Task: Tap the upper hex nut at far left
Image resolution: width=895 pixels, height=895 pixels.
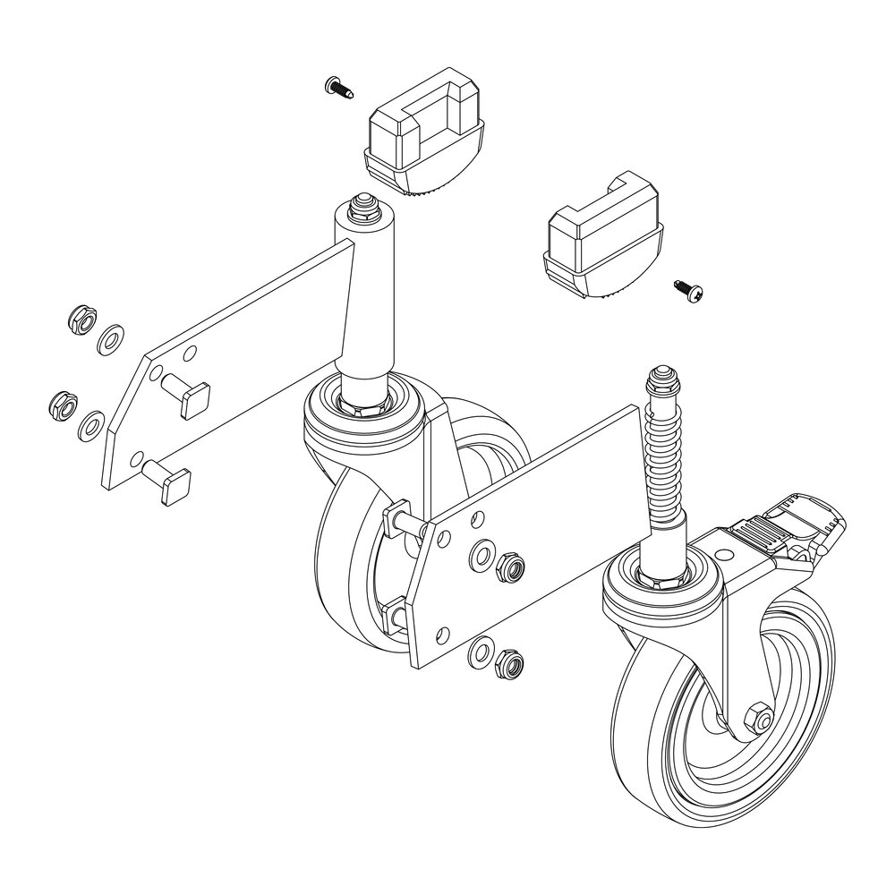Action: coord(80,319)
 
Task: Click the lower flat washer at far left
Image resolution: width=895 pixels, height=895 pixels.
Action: coord(89,424)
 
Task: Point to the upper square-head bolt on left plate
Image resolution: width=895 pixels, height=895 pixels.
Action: coord(190,395)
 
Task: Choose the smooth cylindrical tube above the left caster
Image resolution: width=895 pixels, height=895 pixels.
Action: coord(367,295)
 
